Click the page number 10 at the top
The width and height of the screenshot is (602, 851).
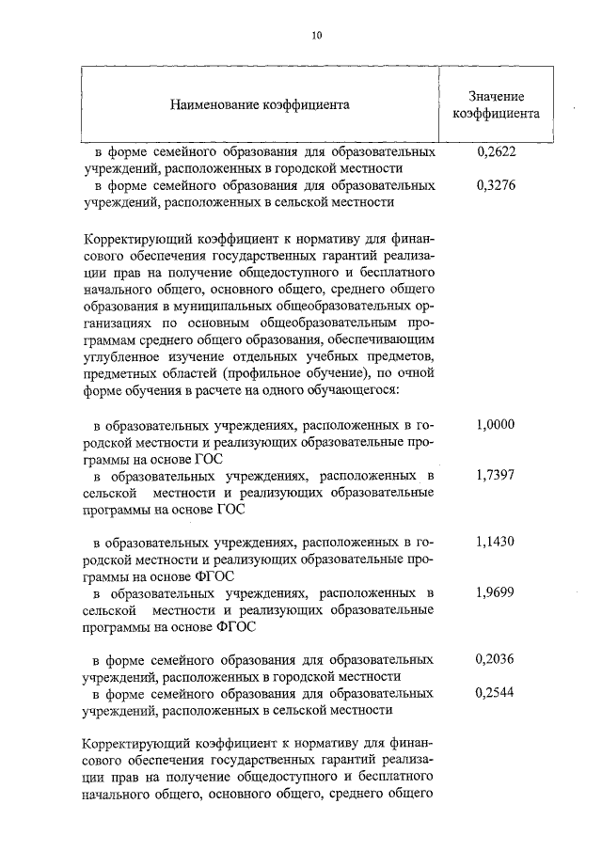click(317, 35)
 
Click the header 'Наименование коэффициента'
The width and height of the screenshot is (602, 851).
click(260, 103)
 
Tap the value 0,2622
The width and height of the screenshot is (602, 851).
click(496, 150)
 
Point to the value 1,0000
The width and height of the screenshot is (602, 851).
click(496, 425)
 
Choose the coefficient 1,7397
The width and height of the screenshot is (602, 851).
click(496, 476)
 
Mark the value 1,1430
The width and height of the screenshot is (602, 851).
click(496, 543)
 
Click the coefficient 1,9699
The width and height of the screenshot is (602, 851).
click(496, 593)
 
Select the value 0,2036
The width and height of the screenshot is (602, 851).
click(496, 659)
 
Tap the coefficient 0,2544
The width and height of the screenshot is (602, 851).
click(496, 693)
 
